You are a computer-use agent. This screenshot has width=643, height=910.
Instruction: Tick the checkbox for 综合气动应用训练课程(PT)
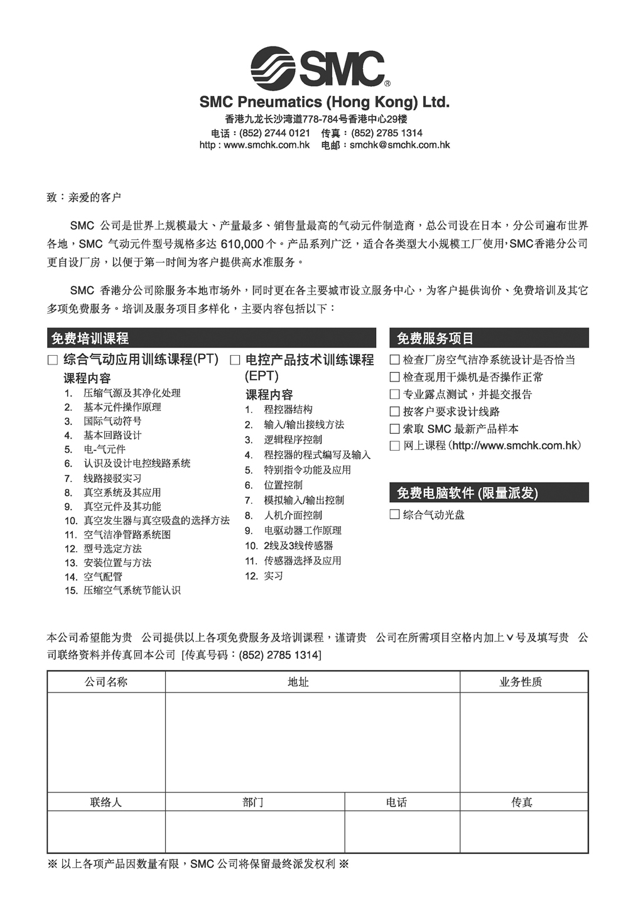point(53,360)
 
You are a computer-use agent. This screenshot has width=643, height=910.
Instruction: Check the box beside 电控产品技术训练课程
point(235,360)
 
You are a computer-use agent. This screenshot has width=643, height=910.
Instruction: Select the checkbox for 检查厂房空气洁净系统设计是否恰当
point(394,360)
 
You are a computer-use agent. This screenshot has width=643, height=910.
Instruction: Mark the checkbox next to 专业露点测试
point(394,395)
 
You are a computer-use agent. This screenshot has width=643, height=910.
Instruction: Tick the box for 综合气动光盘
point(394,515)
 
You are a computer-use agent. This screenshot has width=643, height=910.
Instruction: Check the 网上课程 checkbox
point(394,446)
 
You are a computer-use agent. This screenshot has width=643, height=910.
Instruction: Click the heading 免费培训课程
point(90,339)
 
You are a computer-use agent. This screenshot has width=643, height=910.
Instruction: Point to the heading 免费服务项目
point(435,339)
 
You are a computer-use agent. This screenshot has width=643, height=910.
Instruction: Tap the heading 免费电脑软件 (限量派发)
point(467,493)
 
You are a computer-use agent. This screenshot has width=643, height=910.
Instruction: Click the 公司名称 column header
point(106,682)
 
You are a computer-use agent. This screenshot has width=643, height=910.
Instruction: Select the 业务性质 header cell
point(521,682)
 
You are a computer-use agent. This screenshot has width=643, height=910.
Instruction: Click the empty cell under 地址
point(312,742)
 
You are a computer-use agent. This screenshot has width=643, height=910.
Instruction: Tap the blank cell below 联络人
point(106,831)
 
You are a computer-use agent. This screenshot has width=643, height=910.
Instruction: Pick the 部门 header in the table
point(253,803)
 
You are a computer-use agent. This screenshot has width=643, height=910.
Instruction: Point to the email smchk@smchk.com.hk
point(400,145)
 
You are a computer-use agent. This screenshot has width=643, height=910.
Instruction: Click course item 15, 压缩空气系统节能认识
point(131,591)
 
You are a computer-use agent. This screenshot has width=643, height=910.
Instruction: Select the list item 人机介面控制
point(293,515)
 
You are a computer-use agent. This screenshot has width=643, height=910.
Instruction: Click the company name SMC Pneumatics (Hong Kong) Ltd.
point(324,102)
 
